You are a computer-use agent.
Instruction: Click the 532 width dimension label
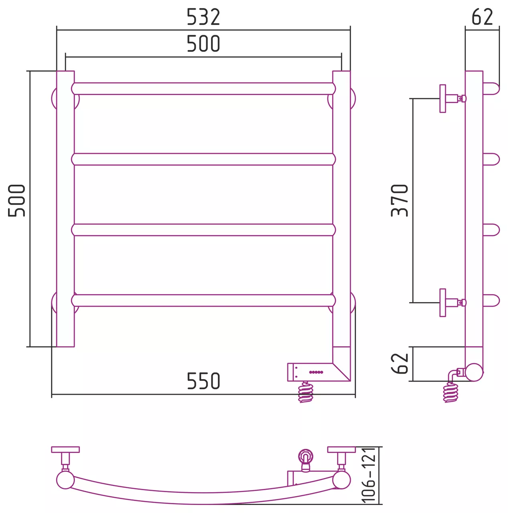[x=203, y=17]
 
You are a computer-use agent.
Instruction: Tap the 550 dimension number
[x=203, y=381]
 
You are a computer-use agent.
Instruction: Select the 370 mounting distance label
[x=399, y=200]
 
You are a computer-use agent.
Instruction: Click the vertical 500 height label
[x=16, y=200]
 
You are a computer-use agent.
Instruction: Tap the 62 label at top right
[x=482, y=17]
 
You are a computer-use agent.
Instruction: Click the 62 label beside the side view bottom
[x=399, y=364]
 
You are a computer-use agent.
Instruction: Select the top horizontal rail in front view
[x=203, y=89]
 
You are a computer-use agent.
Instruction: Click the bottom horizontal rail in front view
[x=203, y=300]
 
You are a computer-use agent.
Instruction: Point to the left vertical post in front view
[x=65, y=209]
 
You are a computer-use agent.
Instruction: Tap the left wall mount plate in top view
[x=65, y=450]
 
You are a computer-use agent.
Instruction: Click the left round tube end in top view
[x=65, y=480]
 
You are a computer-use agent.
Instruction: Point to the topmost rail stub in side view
[x=491, y=89]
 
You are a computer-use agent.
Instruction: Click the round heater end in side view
[x=474, y=372]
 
